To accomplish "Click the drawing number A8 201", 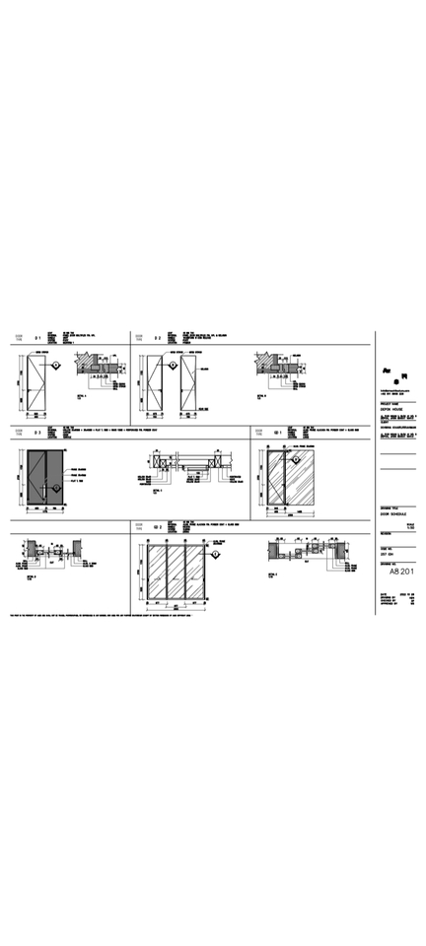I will point(399,571).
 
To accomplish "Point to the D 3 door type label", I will point(36,432).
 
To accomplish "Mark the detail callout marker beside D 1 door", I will point(58,366).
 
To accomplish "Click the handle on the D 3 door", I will point(45,482).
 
